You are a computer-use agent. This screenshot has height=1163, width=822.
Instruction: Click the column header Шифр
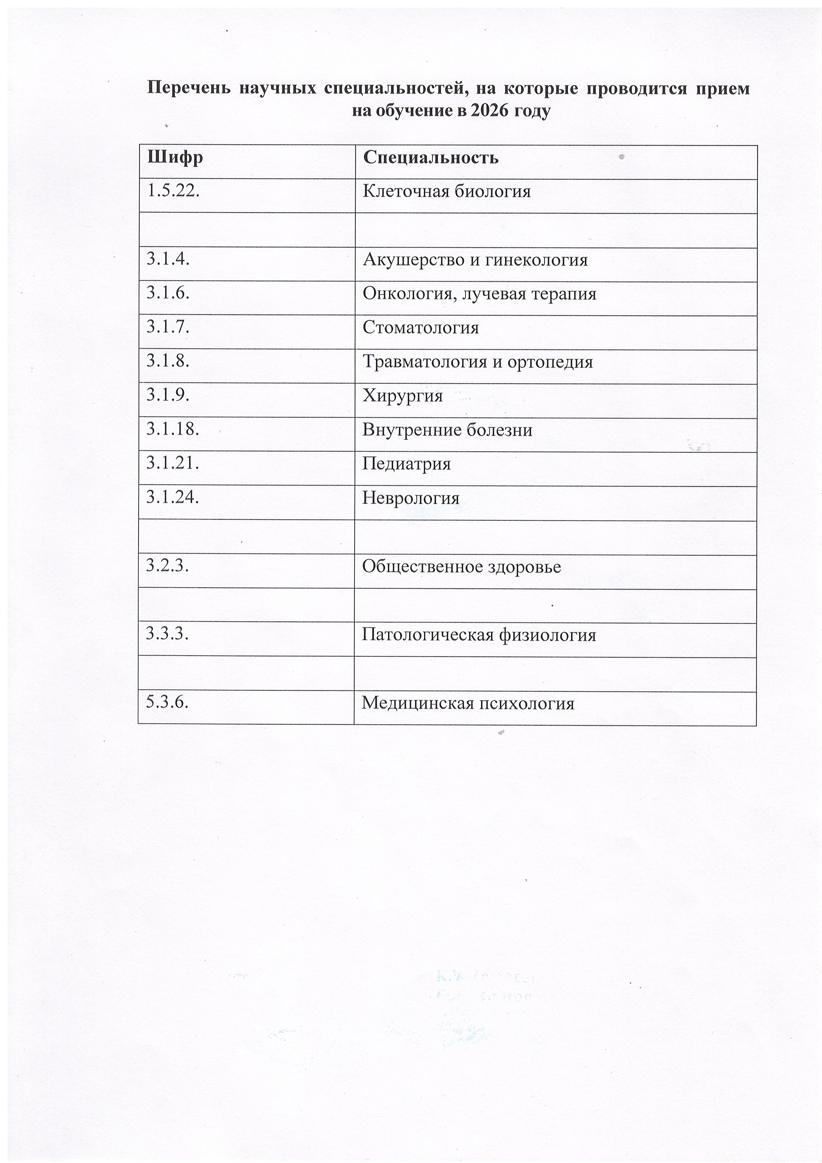pyautogui.click(x=175, y=157)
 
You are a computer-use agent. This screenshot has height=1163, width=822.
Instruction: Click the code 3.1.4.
pyautogui.click(x=168, y=259)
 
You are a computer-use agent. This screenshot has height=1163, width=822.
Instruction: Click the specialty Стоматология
pyautogui.click(x=420, y=328)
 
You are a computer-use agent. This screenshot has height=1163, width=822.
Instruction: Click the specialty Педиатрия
pyautogui.click(x=406, y=464)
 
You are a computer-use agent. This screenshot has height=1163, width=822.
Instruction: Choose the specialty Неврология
pyautogui.click(x=411, y=498)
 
